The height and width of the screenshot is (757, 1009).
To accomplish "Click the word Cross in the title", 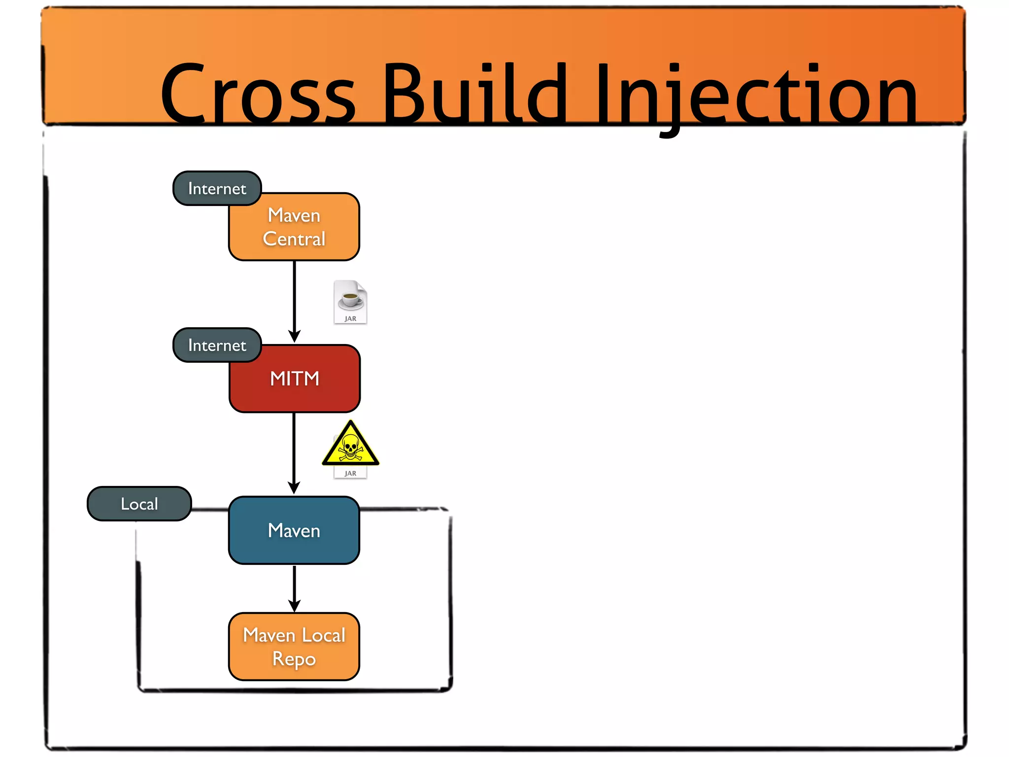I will coord(258,94).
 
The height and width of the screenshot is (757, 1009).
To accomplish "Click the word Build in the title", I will coord(474,94).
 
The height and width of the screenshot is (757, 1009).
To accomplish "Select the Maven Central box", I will coord(294,227).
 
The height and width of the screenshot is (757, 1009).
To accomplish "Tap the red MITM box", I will coord(295,378).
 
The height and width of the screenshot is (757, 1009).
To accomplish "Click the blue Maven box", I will coord(294,530).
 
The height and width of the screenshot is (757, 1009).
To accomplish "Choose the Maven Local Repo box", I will coord(294,647).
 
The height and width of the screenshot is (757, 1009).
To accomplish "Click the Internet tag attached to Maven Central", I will coord(217,189).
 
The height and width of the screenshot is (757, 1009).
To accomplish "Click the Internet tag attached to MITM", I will coord(217,345).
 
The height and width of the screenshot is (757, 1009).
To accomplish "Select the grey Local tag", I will coord(139,504).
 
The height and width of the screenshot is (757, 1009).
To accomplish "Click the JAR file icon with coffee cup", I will coord(350,302).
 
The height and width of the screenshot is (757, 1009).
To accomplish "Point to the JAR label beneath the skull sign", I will coord(350,474).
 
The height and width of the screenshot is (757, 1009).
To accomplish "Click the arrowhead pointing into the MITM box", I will coord(294,337).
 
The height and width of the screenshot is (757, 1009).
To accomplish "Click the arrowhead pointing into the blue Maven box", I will coord(294,488).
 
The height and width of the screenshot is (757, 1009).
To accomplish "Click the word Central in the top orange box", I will coord(294,239).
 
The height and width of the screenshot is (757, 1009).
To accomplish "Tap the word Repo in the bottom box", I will coord(294,659).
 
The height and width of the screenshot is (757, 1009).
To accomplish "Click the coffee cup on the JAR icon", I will coord(350,298).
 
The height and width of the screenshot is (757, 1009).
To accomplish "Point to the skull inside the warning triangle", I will coord(350,447).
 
